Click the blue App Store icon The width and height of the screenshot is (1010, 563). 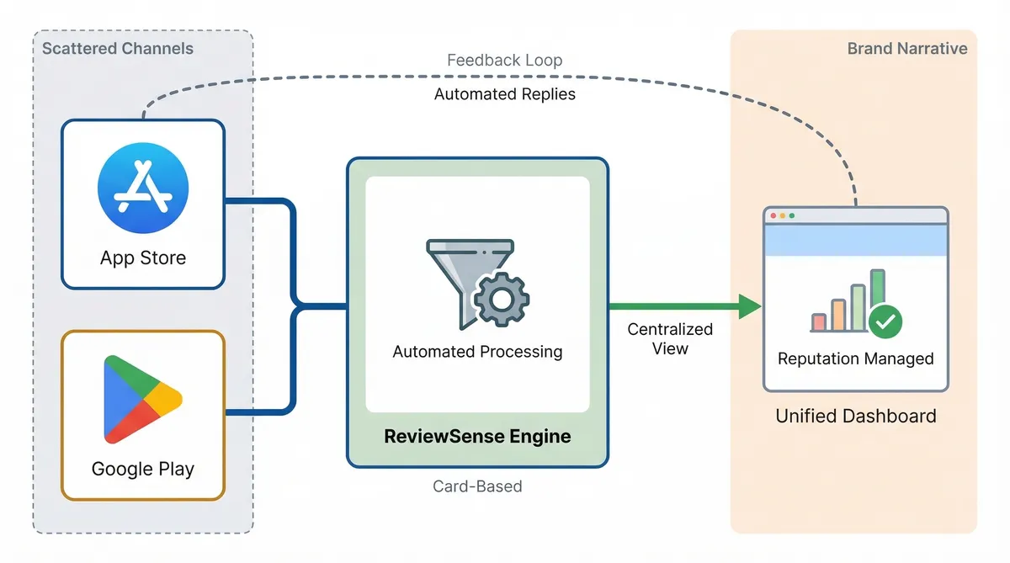coord(143,187)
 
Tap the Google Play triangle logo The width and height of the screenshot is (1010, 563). coord(142,399)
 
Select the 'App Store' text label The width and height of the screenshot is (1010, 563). coord(143,258)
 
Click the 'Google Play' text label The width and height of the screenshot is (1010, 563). coord(142,469)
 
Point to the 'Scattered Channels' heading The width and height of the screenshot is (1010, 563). coord(117,49)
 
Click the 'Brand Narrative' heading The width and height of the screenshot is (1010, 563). coord(906,49)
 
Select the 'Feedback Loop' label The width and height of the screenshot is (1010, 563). coord(504,61)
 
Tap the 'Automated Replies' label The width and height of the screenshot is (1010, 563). coord(504,94)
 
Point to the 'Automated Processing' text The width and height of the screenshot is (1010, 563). coord(477,351)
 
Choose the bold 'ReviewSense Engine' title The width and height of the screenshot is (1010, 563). coord(477,436)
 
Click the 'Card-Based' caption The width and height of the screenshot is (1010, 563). coord(477,486)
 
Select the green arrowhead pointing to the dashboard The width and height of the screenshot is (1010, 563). coord(749,306)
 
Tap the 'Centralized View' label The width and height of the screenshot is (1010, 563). coord(670,338)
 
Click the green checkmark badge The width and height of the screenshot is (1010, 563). coord(885,320)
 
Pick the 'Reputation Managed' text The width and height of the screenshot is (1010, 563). coord(855,359)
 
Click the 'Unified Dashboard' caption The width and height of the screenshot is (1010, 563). coord(855,416)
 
